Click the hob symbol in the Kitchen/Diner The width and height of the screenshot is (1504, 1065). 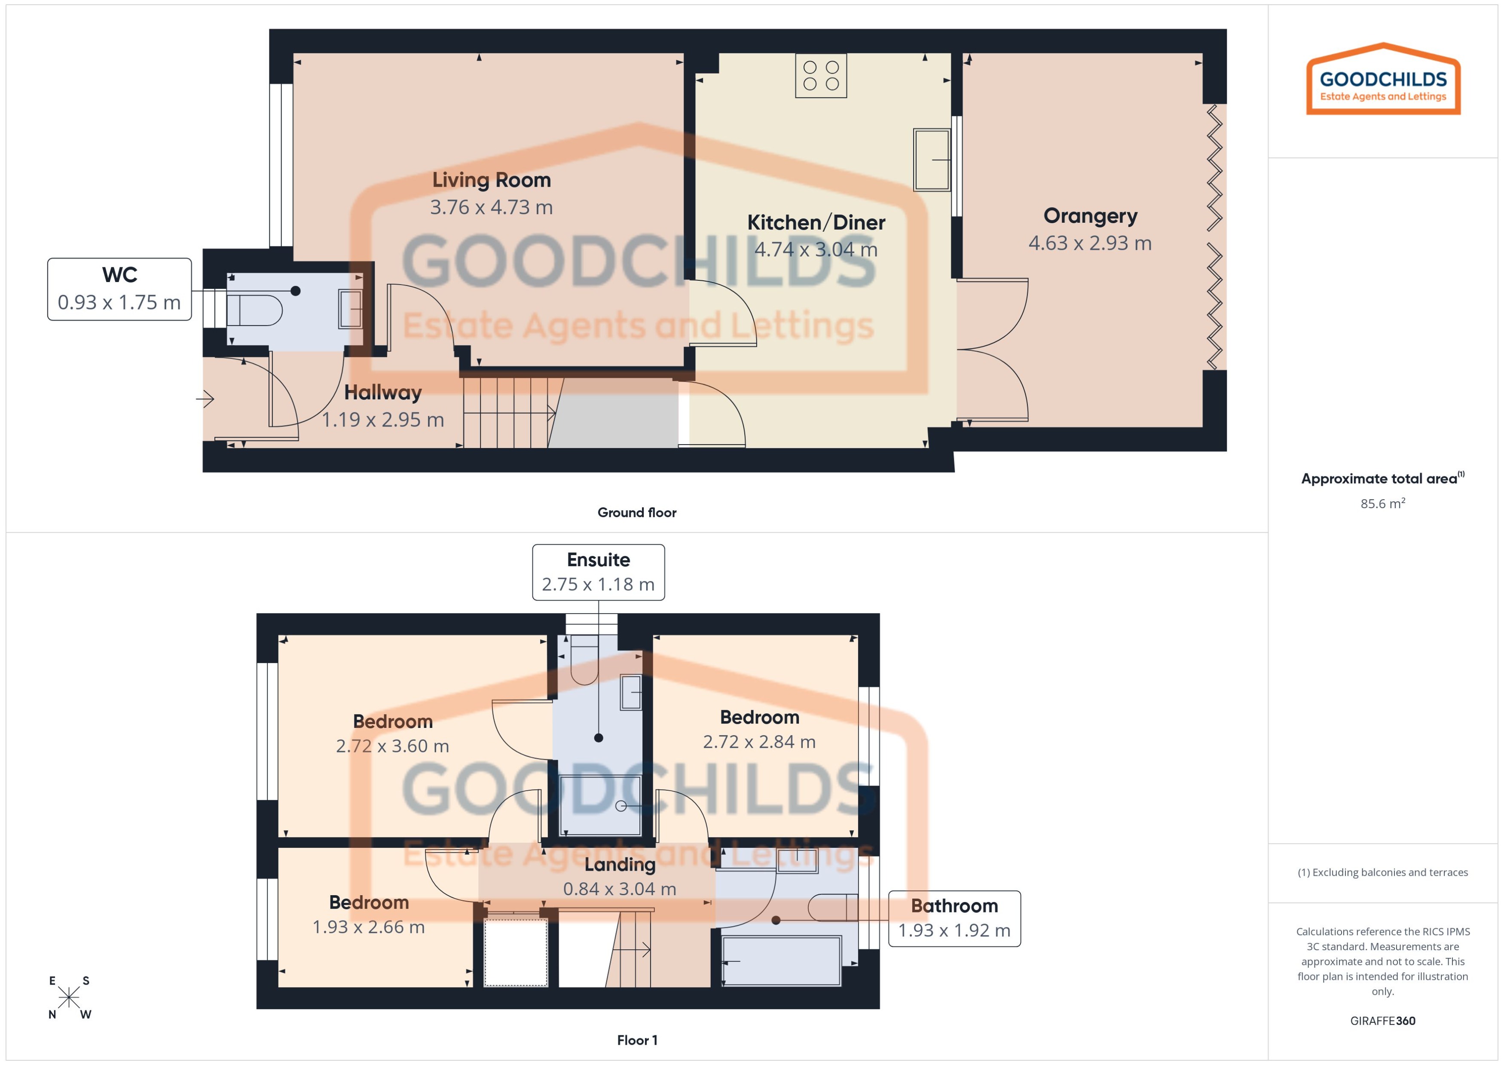[x=820, y=75]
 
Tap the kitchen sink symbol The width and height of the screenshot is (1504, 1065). [x=931, y=160]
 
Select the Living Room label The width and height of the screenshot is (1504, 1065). [x=491, y=180]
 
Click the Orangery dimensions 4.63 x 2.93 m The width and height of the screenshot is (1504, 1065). [x=1089, y=243]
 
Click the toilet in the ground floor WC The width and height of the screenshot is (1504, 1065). [x=256, y=310]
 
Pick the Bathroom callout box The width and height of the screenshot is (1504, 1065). [x=954, y=918]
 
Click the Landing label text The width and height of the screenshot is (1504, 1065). [x=619, y=864]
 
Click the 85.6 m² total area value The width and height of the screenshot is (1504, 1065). [x=1382, y=503]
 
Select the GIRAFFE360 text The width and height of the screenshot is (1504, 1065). [x=1382, y=1020]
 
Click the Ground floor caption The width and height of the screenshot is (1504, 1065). [x=636, y=512]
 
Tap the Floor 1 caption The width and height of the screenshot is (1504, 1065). [x=636, y=1040]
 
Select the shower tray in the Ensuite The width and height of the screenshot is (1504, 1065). [x=598, y=805]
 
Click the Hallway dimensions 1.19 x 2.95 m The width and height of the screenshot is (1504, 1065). [x=383, y=420]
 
